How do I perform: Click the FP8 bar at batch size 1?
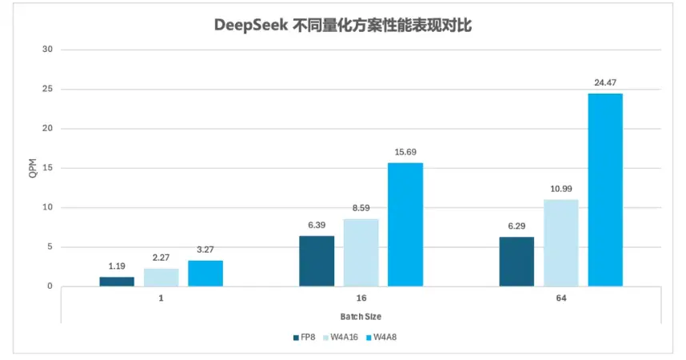(117, 282)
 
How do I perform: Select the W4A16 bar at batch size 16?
(361, 253)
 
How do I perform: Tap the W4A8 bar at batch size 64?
(605, 190)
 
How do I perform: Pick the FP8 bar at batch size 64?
(516, 262)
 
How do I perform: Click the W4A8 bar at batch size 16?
(405, 225)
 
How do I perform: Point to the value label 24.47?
(605, 82)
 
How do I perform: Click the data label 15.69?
(405, 152)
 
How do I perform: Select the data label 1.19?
(117, 266)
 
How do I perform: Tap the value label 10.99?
(561, 189)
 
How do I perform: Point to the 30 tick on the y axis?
(47, 50)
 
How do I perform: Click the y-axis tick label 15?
(47, 168)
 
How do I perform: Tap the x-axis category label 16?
(361, 298)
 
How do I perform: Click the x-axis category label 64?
(561, 298)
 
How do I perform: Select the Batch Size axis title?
(361, 317)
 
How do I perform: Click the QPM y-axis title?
(33, 168)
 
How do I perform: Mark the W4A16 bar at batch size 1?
(162, 278)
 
